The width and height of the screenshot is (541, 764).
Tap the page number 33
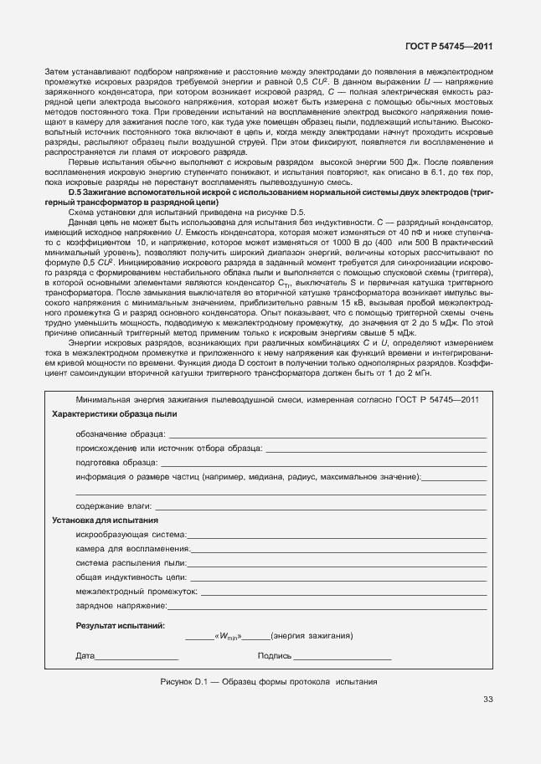487,700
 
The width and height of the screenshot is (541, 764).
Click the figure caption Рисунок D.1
269,681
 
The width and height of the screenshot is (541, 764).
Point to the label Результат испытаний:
121,625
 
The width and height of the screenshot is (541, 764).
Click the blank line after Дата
137,657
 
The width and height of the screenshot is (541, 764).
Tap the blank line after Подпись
343,657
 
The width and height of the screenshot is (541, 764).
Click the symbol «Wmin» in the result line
228,637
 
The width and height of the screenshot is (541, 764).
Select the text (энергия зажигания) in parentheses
311,636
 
